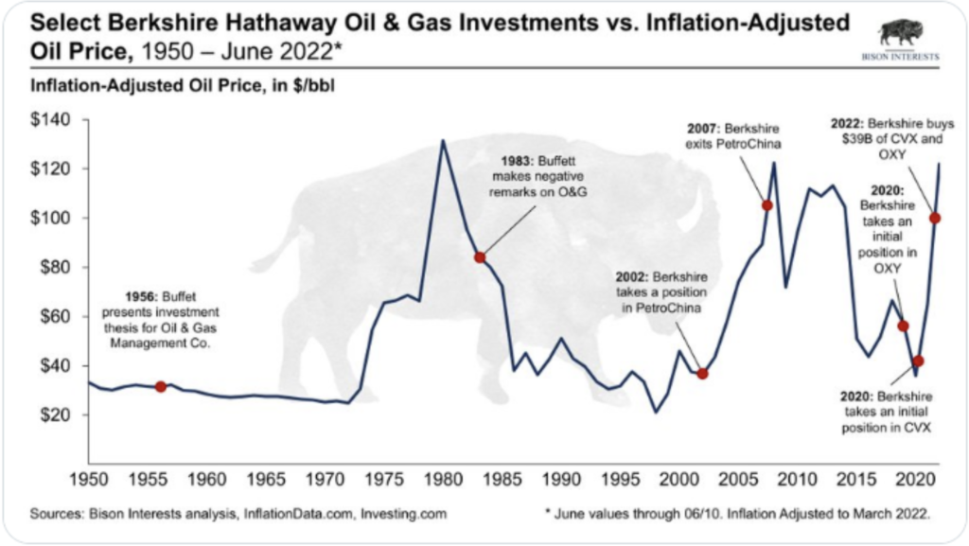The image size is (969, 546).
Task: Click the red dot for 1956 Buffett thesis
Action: pyautogui.click(x=161, y=386)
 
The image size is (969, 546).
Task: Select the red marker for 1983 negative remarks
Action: pyautogui.click(x=480, y=257)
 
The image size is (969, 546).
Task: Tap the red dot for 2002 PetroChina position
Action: pyautogui.click(x=702, y=374)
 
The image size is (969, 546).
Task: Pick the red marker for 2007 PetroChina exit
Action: pyautogui.click(x=766, y=205)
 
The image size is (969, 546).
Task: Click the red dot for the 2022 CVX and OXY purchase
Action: pyautogui.click(x=935, y=219)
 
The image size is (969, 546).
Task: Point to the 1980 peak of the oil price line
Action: pyautogui.click(x=442, y=141)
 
